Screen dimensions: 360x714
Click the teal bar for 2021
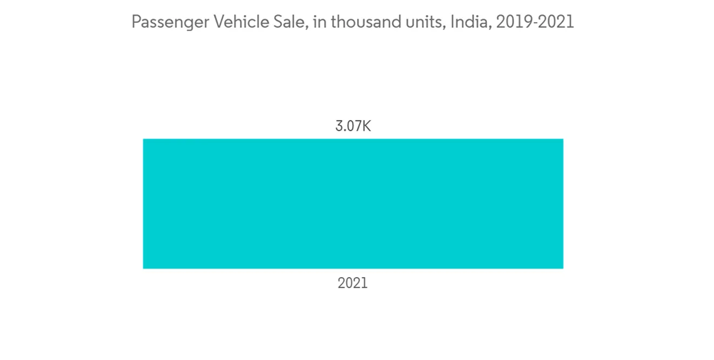[353, 204]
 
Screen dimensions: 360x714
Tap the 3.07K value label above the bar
[353, 126]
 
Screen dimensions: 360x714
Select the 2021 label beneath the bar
[353, 283]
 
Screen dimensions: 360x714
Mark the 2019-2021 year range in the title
[535, 22]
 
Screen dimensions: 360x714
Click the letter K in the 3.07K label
[366, 126]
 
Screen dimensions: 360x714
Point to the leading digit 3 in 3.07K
[339, 126]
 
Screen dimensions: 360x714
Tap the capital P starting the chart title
[136, 22]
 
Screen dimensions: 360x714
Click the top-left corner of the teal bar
[144, 140]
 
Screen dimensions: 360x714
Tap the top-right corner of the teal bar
[562, 140]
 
